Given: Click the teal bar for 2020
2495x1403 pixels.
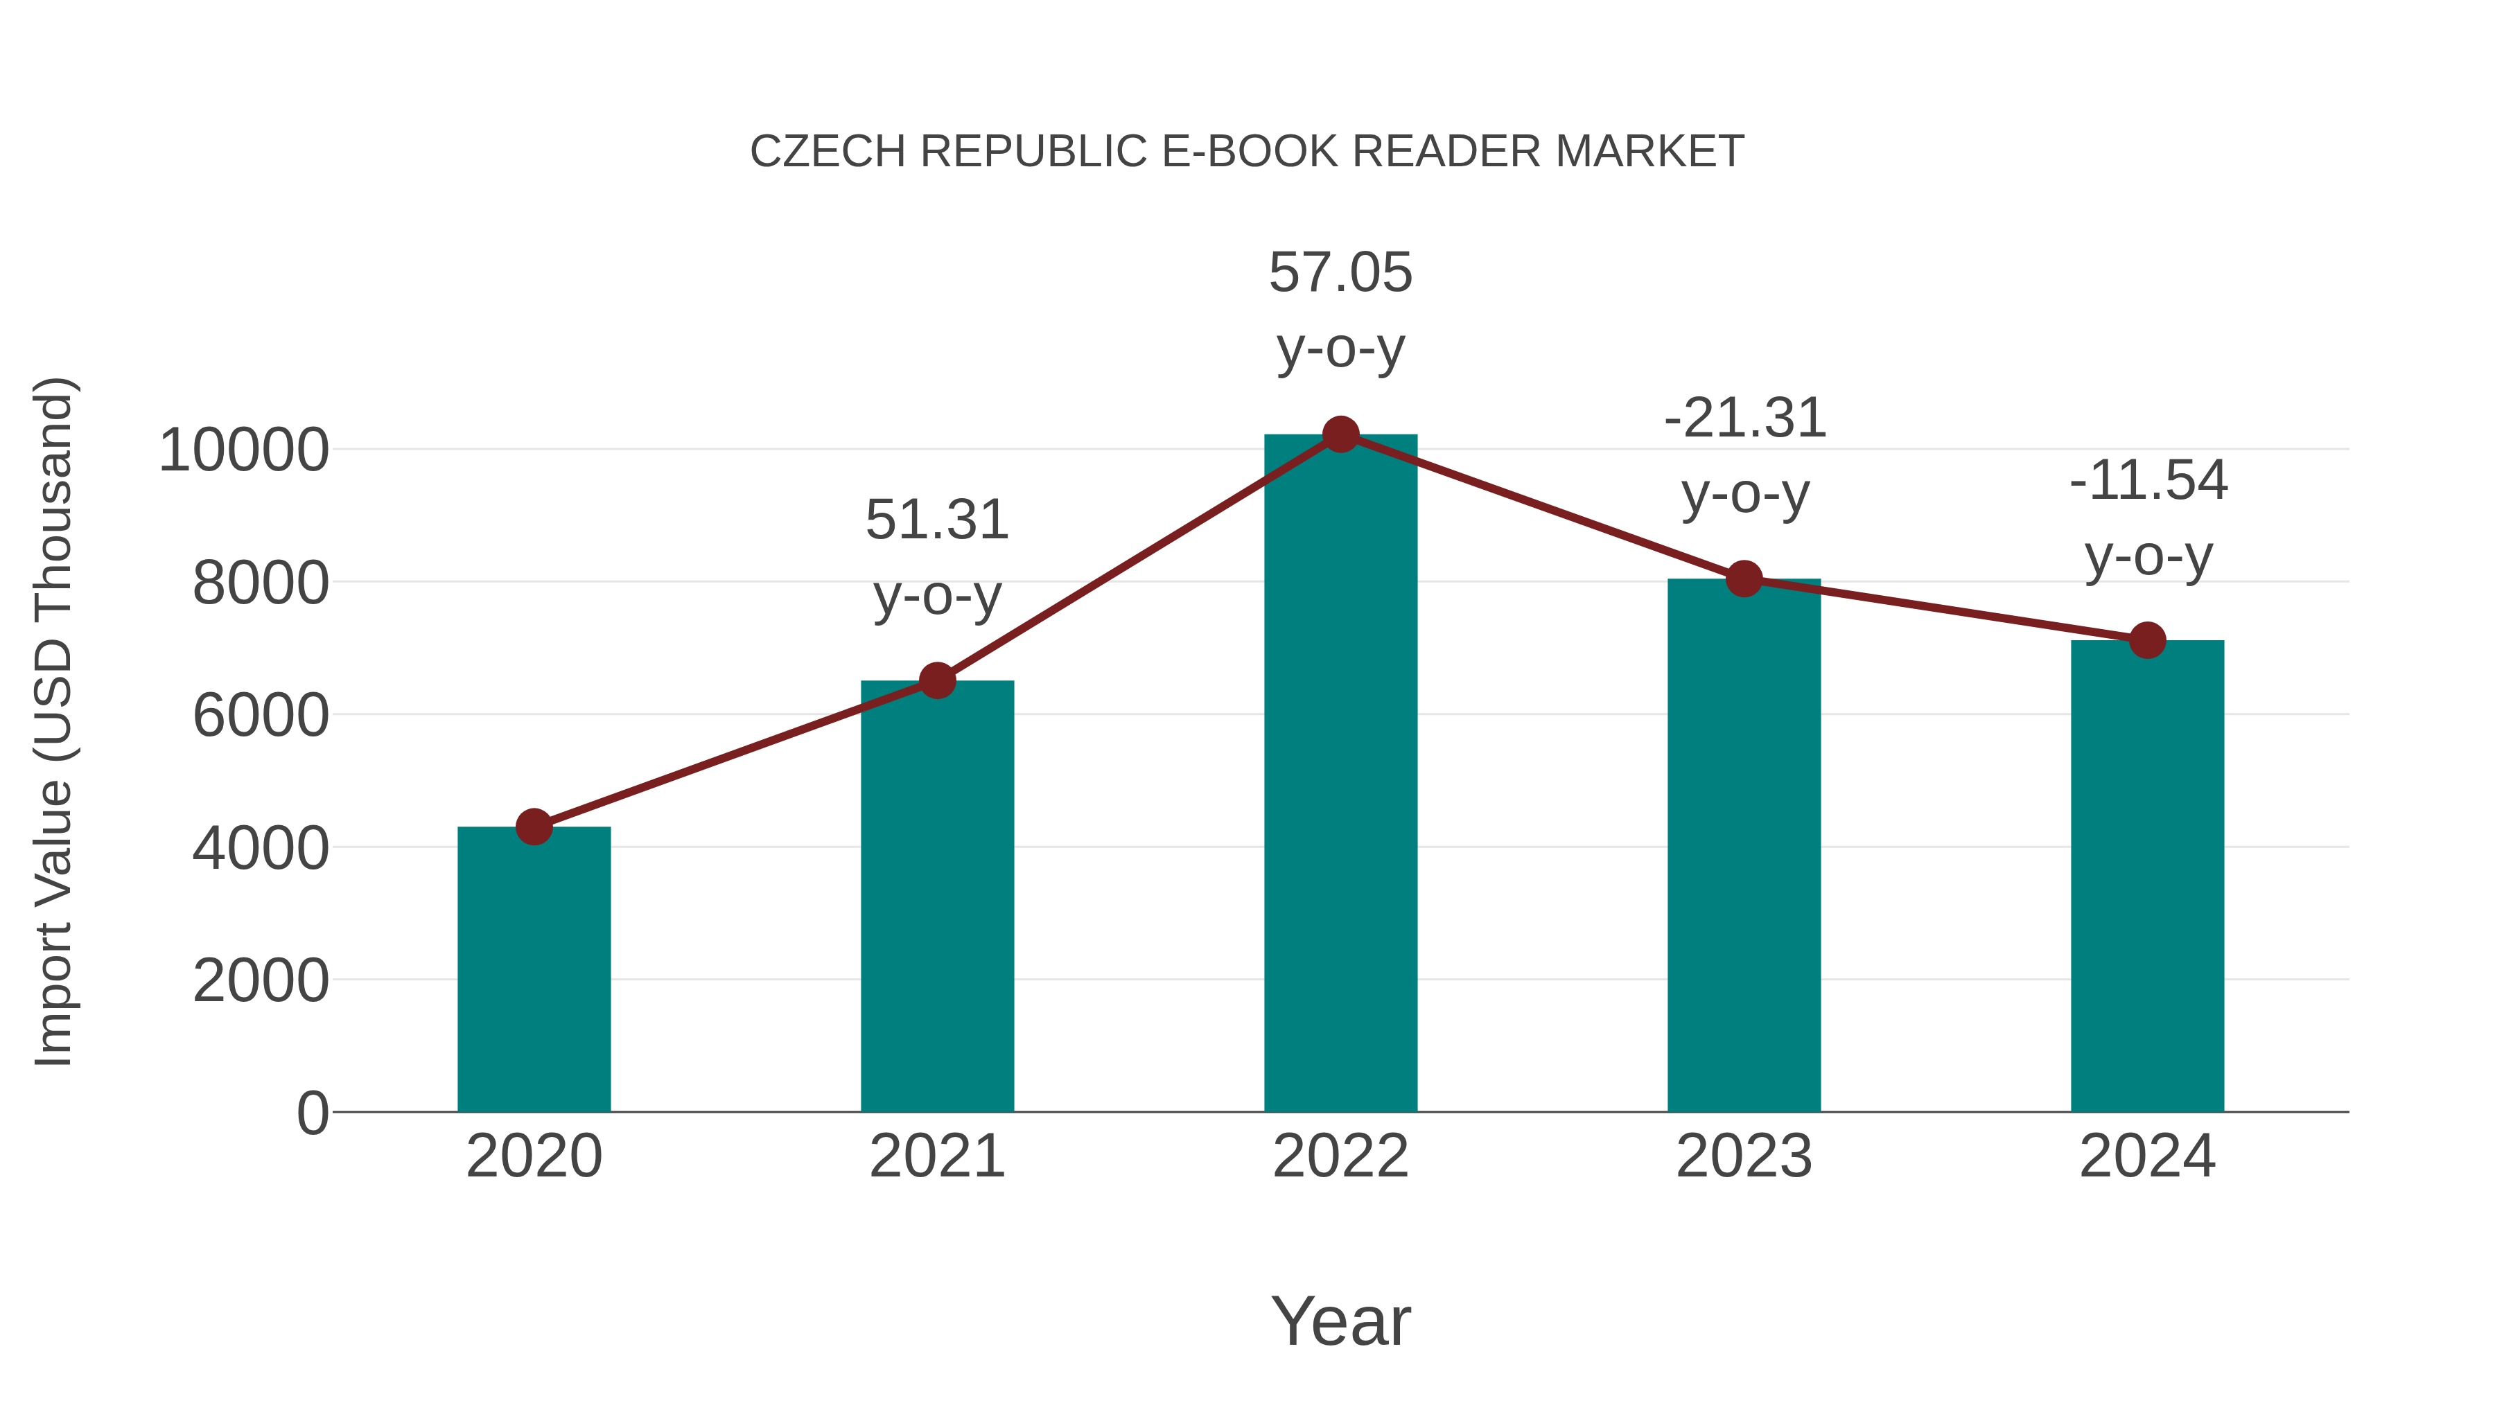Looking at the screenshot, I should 534,969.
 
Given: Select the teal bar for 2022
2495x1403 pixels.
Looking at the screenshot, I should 1340,775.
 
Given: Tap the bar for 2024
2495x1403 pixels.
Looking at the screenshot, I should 2147,876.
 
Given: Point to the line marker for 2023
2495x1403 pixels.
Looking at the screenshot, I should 1744,579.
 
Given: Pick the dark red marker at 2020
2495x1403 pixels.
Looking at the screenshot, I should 534,827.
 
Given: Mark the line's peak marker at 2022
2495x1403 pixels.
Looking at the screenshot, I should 1340,434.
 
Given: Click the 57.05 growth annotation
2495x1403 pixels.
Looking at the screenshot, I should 1340,273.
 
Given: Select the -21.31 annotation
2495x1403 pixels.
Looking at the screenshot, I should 1744,419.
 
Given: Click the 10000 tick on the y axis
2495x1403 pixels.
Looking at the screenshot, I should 243,451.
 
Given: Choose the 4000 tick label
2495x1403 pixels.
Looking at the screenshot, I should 261,849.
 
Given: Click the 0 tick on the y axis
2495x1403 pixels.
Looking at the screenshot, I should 312,1113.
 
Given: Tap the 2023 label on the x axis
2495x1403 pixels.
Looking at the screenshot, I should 1744,1156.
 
